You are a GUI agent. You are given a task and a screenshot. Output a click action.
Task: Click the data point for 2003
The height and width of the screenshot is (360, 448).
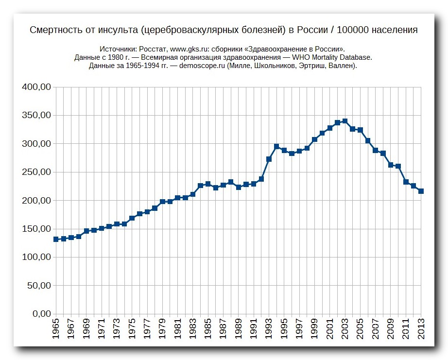(x=345, y=121)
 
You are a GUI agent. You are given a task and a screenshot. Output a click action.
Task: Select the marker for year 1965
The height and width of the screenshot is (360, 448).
(x=56, y=239)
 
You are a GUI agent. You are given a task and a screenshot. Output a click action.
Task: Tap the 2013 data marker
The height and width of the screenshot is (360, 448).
(x=421, y=191)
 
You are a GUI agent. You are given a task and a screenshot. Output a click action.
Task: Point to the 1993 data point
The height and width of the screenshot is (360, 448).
(x=269, y=159)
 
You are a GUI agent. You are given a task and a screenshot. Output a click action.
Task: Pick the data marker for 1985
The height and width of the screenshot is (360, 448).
(x=208, y=184)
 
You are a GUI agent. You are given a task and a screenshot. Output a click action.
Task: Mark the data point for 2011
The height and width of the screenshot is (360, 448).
(x=406, y=182)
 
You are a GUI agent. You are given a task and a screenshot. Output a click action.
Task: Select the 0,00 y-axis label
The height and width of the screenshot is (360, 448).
(x=41, y=314)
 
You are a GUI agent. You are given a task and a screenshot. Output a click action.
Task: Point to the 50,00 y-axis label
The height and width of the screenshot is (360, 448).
(x=39, y=286)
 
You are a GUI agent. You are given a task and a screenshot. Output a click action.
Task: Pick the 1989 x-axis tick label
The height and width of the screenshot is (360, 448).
(x=239, y=329)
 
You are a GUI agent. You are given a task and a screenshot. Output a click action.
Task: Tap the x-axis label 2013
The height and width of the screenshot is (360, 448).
(x=421, y=329)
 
